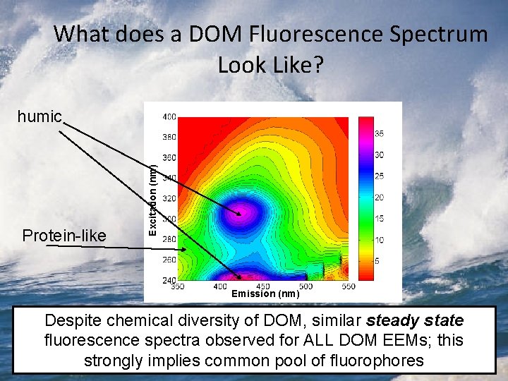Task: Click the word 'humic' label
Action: click(40, 116)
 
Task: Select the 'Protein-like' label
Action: click(64, 235)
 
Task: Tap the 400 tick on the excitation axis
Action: click(169, 116)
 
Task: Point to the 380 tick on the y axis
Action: click(169, 136)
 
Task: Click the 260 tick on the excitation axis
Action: click(169, 260)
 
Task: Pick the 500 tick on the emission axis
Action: click(306, 287)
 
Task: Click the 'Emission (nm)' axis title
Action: click(265, 294)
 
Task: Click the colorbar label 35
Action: click(378, 133)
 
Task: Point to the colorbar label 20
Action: click(378, 197)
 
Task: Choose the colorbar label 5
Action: click(377, 261)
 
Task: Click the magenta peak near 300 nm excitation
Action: click(243, 212)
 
